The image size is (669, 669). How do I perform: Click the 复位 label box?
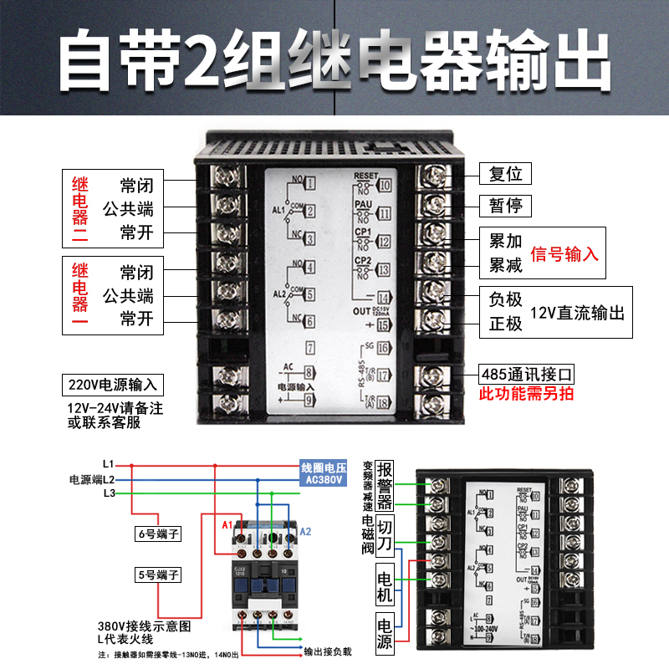(x=506, y=174)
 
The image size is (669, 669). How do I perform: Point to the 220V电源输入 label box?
(x=112, y=385)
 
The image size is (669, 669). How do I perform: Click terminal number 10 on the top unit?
(x=385, y=186)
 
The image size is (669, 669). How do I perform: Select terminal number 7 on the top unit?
(x=309, y=346)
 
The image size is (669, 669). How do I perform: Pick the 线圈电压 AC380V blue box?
(x=322, y=473)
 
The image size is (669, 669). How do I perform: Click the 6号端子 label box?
(x=158, y=533)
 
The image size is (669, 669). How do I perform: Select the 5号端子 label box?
(x=158, y=575)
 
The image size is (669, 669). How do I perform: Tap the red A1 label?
(x=226, y=524)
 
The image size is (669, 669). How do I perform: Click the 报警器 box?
(x=385, y=485)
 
